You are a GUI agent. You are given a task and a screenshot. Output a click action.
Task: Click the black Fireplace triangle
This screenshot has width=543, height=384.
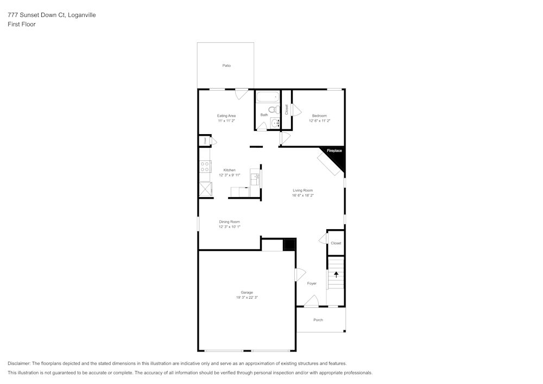pyautogui.click(x=337, y=153)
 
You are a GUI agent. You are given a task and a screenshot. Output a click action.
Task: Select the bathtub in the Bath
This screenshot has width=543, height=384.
pyautogui.click(x=267, y=98)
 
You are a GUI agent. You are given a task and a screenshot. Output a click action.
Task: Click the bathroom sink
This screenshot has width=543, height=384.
pyautogui.click(x=275, y=122)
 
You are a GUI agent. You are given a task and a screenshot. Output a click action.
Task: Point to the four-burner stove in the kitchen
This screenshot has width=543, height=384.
pyautogui.click(x=205, y=167)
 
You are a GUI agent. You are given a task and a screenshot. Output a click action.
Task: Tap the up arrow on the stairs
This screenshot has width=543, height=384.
pyautogui.click(x=336, y=274)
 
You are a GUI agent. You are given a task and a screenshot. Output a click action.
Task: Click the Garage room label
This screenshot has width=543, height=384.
pyautogui.click(x=247, y=292)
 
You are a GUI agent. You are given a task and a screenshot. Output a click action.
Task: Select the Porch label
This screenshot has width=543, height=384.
pyautogui.click(x=318, y=320)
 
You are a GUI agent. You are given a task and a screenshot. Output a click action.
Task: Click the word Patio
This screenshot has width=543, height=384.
pyautogui.click(x=226, y=66)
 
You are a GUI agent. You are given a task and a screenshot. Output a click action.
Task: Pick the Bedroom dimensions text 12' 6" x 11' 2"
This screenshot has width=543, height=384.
pyautogui.click(x=319, y=121)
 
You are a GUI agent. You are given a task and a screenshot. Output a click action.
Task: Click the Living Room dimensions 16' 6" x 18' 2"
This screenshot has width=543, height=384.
pyautogui.click(x=302, y=196)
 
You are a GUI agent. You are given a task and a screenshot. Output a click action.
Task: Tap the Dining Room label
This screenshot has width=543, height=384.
pyautogui.click(x=229, y=222)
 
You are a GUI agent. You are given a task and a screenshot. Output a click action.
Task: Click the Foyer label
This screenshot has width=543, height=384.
pyautogui.click(x=312, y=284)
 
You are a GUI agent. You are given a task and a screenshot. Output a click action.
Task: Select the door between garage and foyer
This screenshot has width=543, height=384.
pyautogui.click(x=299, y=275)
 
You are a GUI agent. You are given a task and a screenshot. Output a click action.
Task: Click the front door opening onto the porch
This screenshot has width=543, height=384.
pyautogui.click(x=311, y=301)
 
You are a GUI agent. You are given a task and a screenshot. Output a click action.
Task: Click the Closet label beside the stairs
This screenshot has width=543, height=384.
pyautogui.click(x=336, y=243)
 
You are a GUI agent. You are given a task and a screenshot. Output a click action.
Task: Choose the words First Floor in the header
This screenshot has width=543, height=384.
pyautogui.click(x=22, y=24)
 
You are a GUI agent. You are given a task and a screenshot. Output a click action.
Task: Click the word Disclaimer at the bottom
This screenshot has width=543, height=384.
pyautogui.click(x=19, y=363)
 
